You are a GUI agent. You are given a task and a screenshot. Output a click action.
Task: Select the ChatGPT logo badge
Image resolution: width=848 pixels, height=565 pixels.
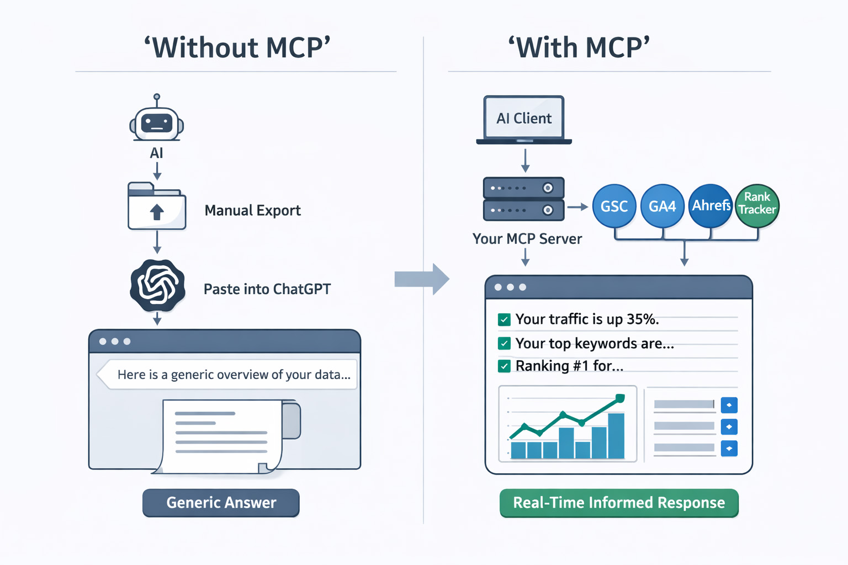(x=157, y=286)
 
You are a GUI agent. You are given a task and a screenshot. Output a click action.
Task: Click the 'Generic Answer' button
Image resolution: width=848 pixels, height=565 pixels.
(x=221, y=503)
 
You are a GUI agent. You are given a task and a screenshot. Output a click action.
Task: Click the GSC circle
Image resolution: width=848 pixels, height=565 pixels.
(x=614, y=206)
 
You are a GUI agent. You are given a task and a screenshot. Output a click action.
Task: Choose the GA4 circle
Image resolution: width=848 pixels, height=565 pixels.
(x=662, y=206)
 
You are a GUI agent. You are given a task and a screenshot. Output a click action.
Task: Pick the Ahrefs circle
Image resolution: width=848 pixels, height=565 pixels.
(x=711, y=206)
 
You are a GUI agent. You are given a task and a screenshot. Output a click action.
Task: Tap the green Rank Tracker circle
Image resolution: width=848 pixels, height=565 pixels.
(x=757, y=206)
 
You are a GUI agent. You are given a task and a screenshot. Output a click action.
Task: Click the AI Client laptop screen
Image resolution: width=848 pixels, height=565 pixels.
(x=524, y=118)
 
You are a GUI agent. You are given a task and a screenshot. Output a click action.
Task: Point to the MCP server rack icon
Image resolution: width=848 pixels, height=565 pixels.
(x=523, y=199)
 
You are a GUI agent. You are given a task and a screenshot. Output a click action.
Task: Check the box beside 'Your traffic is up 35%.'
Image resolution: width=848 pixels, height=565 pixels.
(x=504, y=319)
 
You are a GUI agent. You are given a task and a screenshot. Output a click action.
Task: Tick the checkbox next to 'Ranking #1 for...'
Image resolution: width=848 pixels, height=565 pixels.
(x=504, y=366)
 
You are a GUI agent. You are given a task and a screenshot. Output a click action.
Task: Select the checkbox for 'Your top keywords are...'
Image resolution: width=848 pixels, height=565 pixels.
(x=504, y=343)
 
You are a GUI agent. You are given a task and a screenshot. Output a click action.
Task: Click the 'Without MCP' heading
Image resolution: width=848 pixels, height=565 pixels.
(x=237, y=47)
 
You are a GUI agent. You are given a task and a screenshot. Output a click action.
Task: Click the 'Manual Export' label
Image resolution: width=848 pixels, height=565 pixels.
(x=252, y=210)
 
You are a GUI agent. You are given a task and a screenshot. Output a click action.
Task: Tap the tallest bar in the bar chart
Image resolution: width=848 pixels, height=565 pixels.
(x=616, y=436)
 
